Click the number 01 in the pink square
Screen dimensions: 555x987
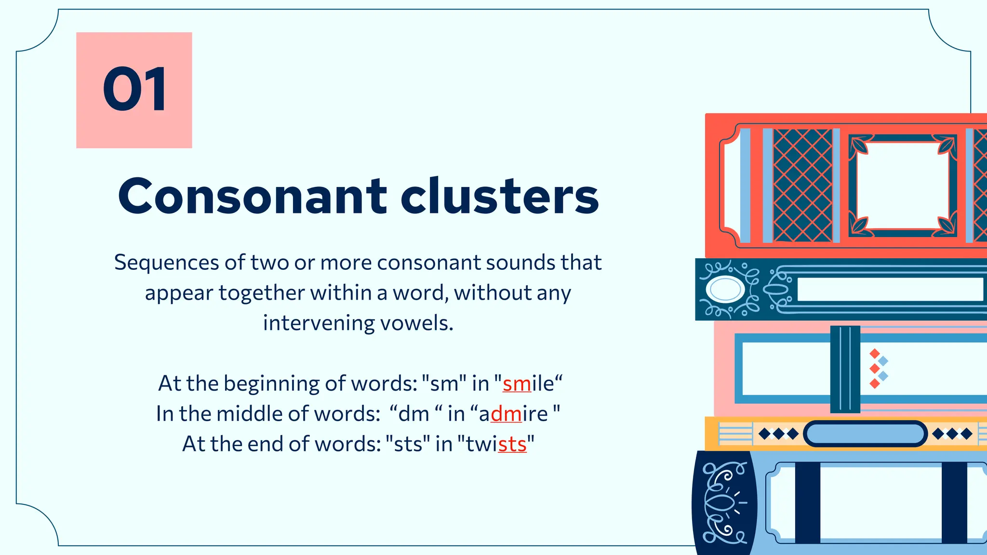[134, 90]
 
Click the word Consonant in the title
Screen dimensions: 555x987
[252, 197]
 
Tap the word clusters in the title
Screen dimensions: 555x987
[499, 197]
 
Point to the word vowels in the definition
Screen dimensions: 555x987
[417, 323]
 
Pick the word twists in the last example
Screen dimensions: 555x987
[496, 444]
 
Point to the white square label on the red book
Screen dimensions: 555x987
[903, 185]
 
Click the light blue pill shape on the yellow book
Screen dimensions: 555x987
[865, 434]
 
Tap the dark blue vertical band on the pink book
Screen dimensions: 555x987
[845, 369]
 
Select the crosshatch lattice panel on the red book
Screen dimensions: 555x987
[802, 185]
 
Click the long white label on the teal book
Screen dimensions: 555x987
[890, 290]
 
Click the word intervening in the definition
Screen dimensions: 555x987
[319, 323]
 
